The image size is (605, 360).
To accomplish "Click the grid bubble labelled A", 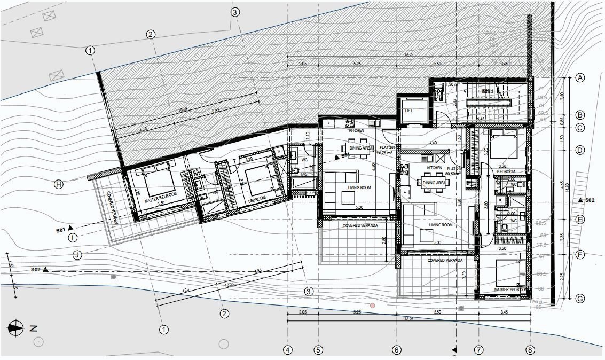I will coord(580,78).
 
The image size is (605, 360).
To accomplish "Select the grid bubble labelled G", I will coord(580,298).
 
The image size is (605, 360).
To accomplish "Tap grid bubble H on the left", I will coord(59,184).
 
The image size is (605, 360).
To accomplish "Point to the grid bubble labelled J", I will coord(77,255).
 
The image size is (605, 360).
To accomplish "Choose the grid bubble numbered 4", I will coord(288,350).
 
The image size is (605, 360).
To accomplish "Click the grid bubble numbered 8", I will coord(530,350).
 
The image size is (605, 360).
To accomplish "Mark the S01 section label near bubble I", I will coord(60,230).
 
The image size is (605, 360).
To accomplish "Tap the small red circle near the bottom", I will coord(373,306).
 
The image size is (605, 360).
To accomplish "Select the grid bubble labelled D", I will coord(580,151).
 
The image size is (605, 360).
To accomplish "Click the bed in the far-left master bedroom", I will coord(157,182).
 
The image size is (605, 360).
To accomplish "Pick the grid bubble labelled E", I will coord(580,219).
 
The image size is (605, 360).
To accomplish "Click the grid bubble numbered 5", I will coord(318,350).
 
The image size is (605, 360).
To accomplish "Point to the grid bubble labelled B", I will coord(580,115).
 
